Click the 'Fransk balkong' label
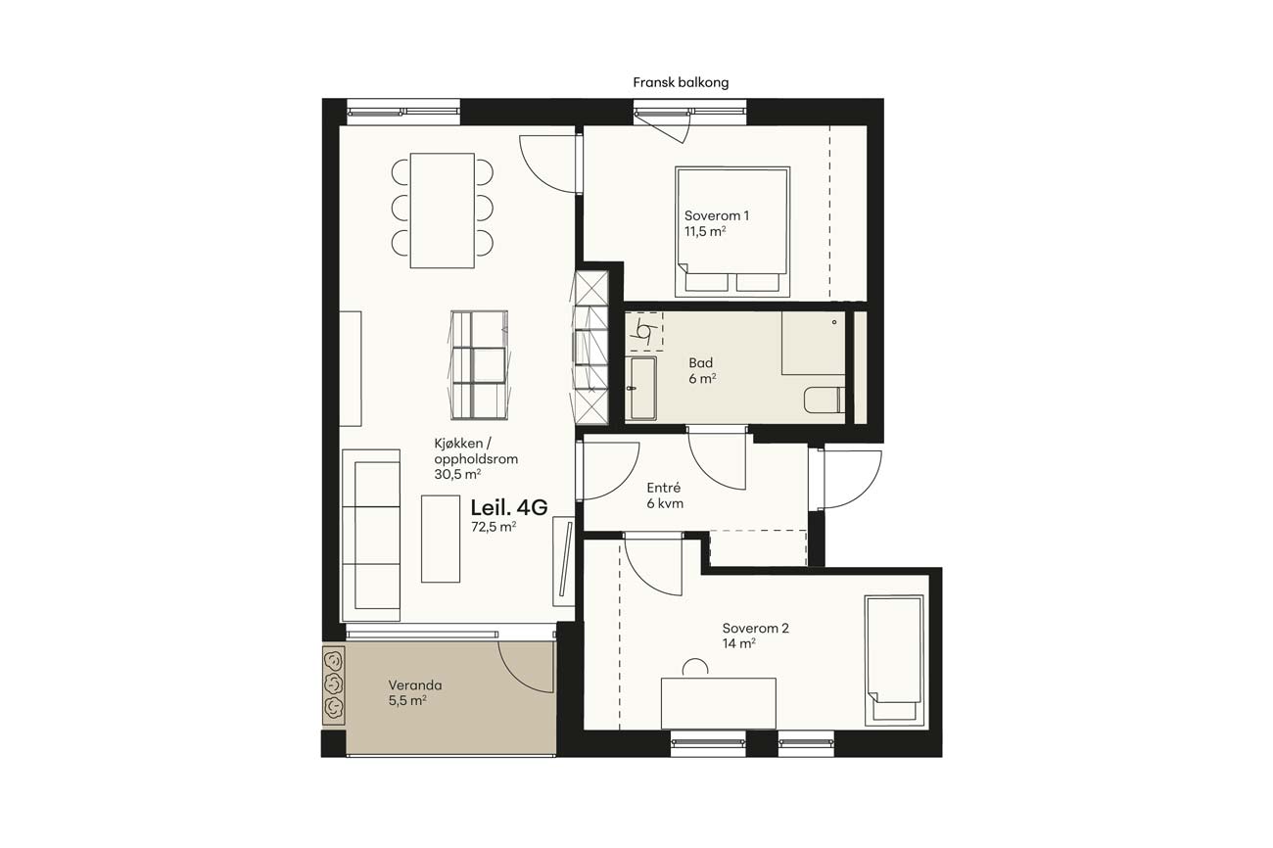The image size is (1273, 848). [681, 83]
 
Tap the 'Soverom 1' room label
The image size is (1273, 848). [716, 216]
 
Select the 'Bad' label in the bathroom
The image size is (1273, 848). [700, 363]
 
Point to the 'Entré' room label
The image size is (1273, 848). [663, 488]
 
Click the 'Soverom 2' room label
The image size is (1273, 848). [755, 629]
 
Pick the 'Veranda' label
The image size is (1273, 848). [415, 685]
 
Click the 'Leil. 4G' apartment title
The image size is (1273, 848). [508, 507]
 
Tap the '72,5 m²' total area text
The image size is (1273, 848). [494, 527]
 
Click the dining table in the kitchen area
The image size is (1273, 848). [443, 211]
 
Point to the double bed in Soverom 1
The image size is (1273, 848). [732, 232]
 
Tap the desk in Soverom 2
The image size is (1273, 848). [719, 703]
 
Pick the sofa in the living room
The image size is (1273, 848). [371, 536]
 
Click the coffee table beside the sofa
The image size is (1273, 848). [441, 539]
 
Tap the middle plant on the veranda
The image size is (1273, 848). [333, 683]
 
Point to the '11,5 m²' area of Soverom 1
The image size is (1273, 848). [705, 231]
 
